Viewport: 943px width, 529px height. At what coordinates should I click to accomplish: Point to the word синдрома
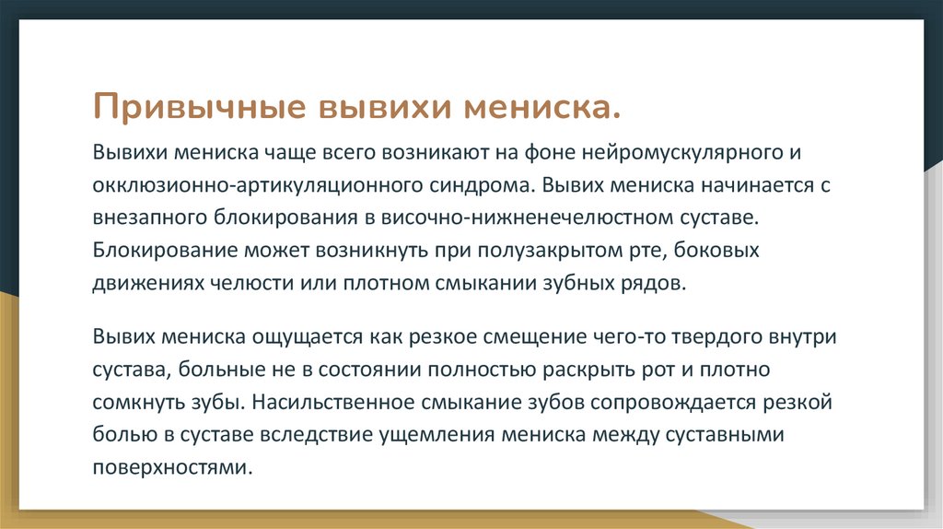[x=478, y=183]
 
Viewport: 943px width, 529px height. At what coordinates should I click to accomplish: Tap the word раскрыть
[x=585, y=370]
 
